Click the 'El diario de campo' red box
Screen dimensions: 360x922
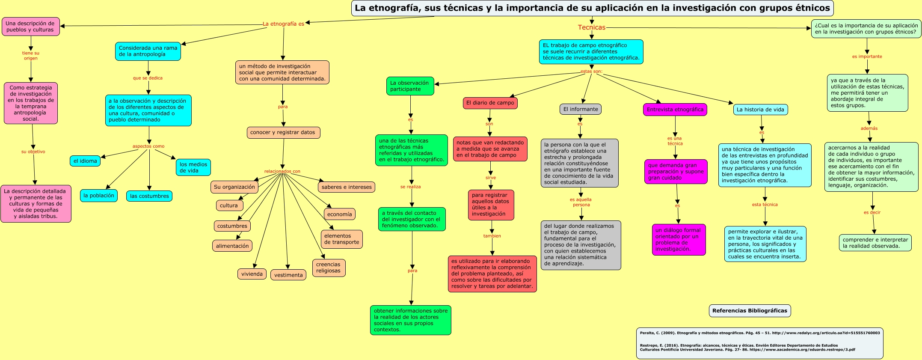(490, 103)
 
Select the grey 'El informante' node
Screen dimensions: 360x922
(580, 109)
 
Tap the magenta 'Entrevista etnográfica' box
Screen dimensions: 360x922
(675, 110)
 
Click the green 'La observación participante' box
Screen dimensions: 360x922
(410, 86)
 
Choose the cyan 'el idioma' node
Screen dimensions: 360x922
(85, 161)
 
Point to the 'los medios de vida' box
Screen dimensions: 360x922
(193, 167)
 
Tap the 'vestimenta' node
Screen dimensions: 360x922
(288, 275)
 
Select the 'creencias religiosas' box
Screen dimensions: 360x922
(328, 268)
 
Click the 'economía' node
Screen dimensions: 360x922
(339, 214)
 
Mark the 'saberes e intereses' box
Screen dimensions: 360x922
(347, 187)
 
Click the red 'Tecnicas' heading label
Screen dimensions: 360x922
(591, 27)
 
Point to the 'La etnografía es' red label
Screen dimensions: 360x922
(283, 24)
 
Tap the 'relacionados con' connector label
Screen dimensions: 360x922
(282, 171)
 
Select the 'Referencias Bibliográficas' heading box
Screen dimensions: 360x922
(749, 311)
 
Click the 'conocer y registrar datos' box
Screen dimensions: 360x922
(283, 133)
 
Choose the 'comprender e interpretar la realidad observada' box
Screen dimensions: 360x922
(875, 243)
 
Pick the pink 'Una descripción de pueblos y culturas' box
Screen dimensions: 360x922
(30, 27)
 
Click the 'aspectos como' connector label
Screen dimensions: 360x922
(148, 146)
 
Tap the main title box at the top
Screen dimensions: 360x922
(592, 8)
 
